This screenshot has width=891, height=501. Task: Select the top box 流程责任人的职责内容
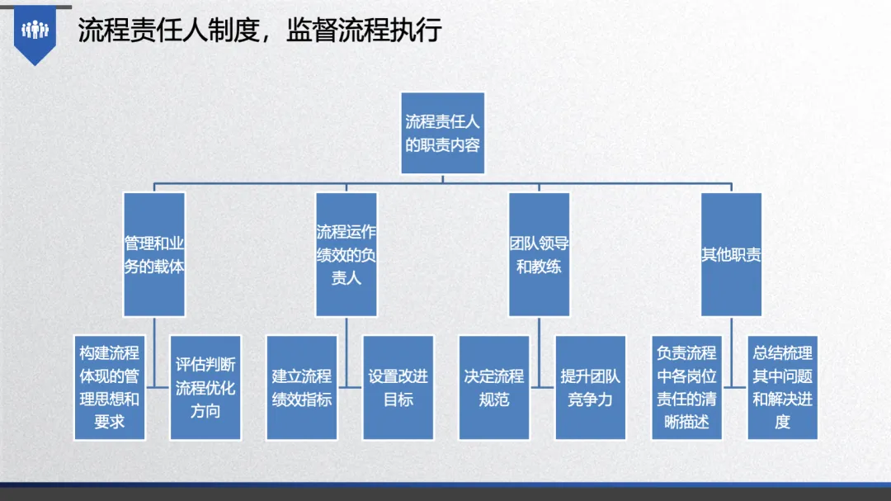(443, 133)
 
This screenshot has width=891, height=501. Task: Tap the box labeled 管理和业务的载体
(154, 254)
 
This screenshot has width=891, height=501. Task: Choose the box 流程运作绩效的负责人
(346, 254)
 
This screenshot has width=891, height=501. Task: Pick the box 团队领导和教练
(539, 254)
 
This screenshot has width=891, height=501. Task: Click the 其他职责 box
(731, 254)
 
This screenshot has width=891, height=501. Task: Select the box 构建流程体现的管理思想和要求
(109, 387)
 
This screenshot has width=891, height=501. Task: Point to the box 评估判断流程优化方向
(205, 387)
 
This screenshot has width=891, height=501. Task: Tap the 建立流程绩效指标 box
(302, 387)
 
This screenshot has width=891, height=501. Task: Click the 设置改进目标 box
(398, 387)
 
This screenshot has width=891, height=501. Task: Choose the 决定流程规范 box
(494, 387)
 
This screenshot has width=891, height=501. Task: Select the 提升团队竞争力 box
(591, 387)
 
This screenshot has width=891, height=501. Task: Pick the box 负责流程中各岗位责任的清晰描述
(686, 387)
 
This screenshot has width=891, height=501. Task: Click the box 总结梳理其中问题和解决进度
(782, 387)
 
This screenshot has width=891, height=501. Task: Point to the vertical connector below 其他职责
(731, 352)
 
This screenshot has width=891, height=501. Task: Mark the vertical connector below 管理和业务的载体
(154, 352)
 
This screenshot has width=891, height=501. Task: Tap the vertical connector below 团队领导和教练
(539, 352)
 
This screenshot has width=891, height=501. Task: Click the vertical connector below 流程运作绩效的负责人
(346, 352)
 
